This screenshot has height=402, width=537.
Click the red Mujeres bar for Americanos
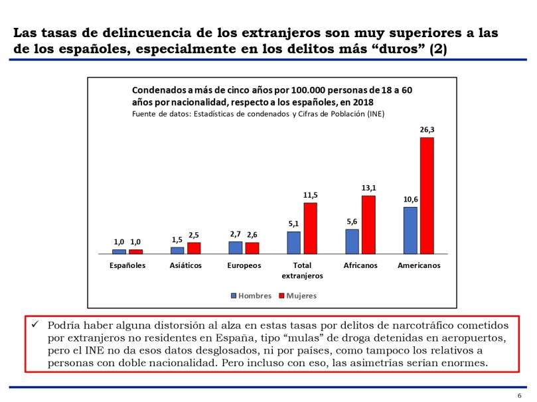(x=426, y=196)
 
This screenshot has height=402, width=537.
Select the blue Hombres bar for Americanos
(x=410, y=230)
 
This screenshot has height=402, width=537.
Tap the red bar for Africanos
(x=368, y=225)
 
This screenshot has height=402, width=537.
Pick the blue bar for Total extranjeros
(x=293, y=243)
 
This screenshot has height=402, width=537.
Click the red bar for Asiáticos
(x=194, y=248)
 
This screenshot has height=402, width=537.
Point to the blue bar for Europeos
(x=236, y=247)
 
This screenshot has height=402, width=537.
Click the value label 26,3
(x=427, y=131)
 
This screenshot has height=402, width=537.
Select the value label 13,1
(x=368, y=189)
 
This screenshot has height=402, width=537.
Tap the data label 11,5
(x=310, y=196)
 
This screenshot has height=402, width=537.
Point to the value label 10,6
(x=410, y=200)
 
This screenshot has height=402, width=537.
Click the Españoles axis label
(x=127, y=265)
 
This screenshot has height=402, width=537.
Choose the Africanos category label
(x=360, y=265)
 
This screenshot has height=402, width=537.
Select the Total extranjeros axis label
(x=302, y=270)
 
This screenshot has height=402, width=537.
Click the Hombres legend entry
(x=250, y=296)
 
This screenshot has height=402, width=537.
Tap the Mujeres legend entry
(x=297, y=296)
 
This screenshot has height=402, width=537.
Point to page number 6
(x=519, y=396)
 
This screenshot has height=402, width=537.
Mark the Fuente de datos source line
(x=258, y=114)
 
